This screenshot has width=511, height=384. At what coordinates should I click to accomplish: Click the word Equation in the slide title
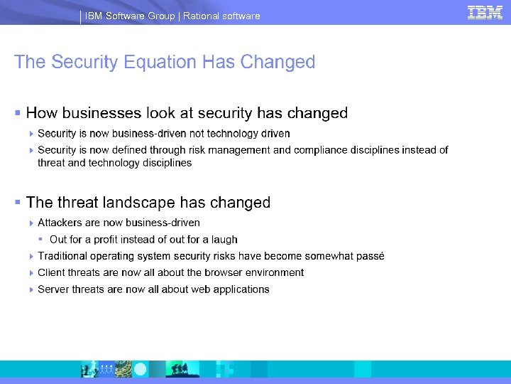pyautogui.click(x=160, y=63)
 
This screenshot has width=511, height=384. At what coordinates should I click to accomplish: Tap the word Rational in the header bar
pyautogui.click(x=202, y=16)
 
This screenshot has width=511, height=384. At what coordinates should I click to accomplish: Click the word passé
pyautogui.click(x=368, y=256)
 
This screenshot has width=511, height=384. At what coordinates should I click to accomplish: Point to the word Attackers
pyautogui.click(x=60, y=223)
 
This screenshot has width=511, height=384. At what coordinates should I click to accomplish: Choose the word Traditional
pyautogui.click(x=65, y=256)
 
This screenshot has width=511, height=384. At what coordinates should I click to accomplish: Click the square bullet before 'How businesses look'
pyautogui.click(x=17, y=113)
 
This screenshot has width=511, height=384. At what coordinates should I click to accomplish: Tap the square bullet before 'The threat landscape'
pyautogui.click(x=17, y=203)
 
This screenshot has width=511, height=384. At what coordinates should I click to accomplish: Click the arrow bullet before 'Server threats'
pyautogui.click(x=31, y=289)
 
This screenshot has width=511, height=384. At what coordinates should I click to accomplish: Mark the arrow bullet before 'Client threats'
pyautogui.click(x=31, y=272)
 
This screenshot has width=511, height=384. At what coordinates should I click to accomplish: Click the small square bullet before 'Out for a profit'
pyautogui.click(x=42, y=240)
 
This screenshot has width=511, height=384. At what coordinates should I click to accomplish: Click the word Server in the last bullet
pyautogui.click(x=53, y=289)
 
